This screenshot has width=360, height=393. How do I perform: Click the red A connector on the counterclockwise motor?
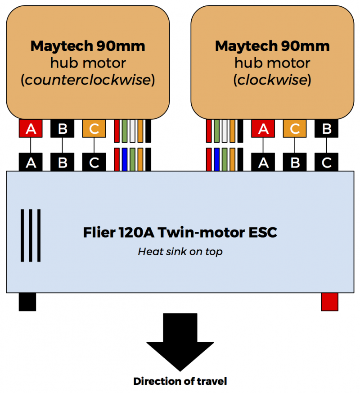31,129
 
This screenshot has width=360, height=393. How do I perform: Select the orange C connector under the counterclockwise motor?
94,129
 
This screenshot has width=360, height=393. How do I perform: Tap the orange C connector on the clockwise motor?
295,129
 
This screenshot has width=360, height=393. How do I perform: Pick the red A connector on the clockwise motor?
263,129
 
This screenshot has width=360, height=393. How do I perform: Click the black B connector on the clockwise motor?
326,129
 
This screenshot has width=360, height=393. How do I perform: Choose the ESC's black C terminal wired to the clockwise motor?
326,162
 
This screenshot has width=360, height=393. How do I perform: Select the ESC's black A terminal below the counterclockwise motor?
31,162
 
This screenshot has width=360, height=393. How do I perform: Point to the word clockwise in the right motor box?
272,80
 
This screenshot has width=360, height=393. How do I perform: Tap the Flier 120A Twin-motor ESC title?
180,233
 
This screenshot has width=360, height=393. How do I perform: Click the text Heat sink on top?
180,252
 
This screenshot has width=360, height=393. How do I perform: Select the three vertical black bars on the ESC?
30,235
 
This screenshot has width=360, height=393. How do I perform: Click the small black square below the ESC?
27,302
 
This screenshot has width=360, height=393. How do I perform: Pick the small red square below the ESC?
329,302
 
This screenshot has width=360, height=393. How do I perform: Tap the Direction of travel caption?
180,381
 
